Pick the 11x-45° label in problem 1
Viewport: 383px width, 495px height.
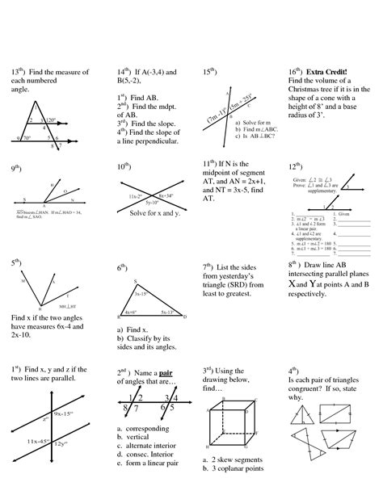(36, 441)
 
